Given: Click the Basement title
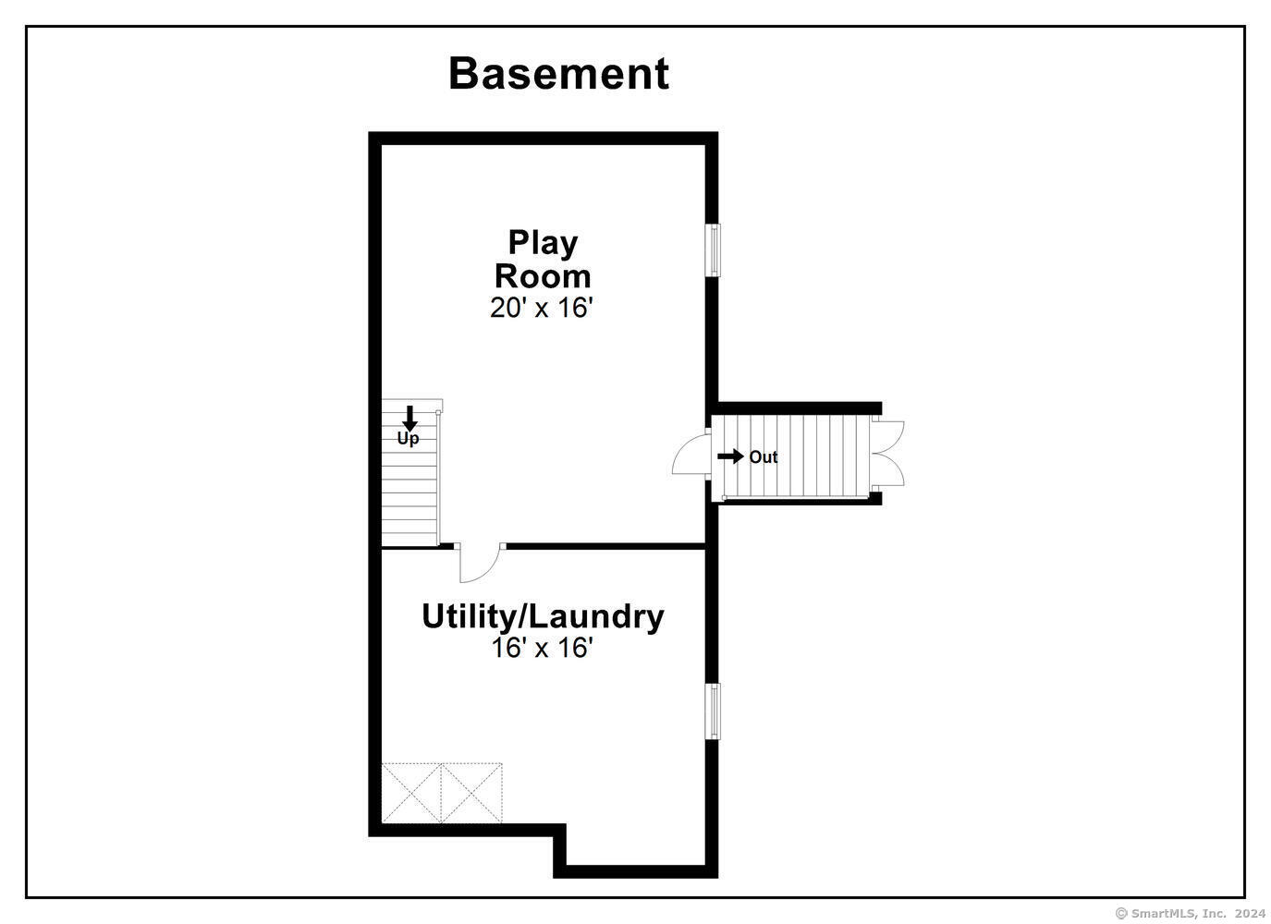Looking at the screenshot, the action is tap(558, 74).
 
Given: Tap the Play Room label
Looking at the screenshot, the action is tap(543, 260).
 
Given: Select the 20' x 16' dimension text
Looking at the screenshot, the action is tap(542, 308).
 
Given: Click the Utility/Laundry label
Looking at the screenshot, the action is tap(543, 617).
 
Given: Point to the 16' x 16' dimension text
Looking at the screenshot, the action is tap(542, 648).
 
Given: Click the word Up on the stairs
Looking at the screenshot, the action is tap(408, 439).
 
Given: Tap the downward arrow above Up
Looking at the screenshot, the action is tap(409, 418).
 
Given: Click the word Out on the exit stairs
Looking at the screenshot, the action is tap(764, 456).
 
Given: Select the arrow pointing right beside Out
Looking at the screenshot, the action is tap(730, 456).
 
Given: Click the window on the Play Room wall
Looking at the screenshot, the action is tap(713, 250).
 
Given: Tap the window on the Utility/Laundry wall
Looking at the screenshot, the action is tap(713, 711).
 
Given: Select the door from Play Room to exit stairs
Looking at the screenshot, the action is tap(691, 454).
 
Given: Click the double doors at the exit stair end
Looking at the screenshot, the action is tap(887, 453).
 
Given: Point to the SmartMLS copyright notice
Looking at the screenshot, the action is tap(1191, 913).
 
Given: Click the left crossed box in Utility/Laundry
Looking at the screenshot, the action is tap(411, 793).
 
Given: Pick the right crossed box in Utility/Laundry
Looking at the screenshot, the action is tap(471, 793).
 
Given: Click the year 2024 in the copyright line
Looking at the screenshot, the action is tap(1250, 913).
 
